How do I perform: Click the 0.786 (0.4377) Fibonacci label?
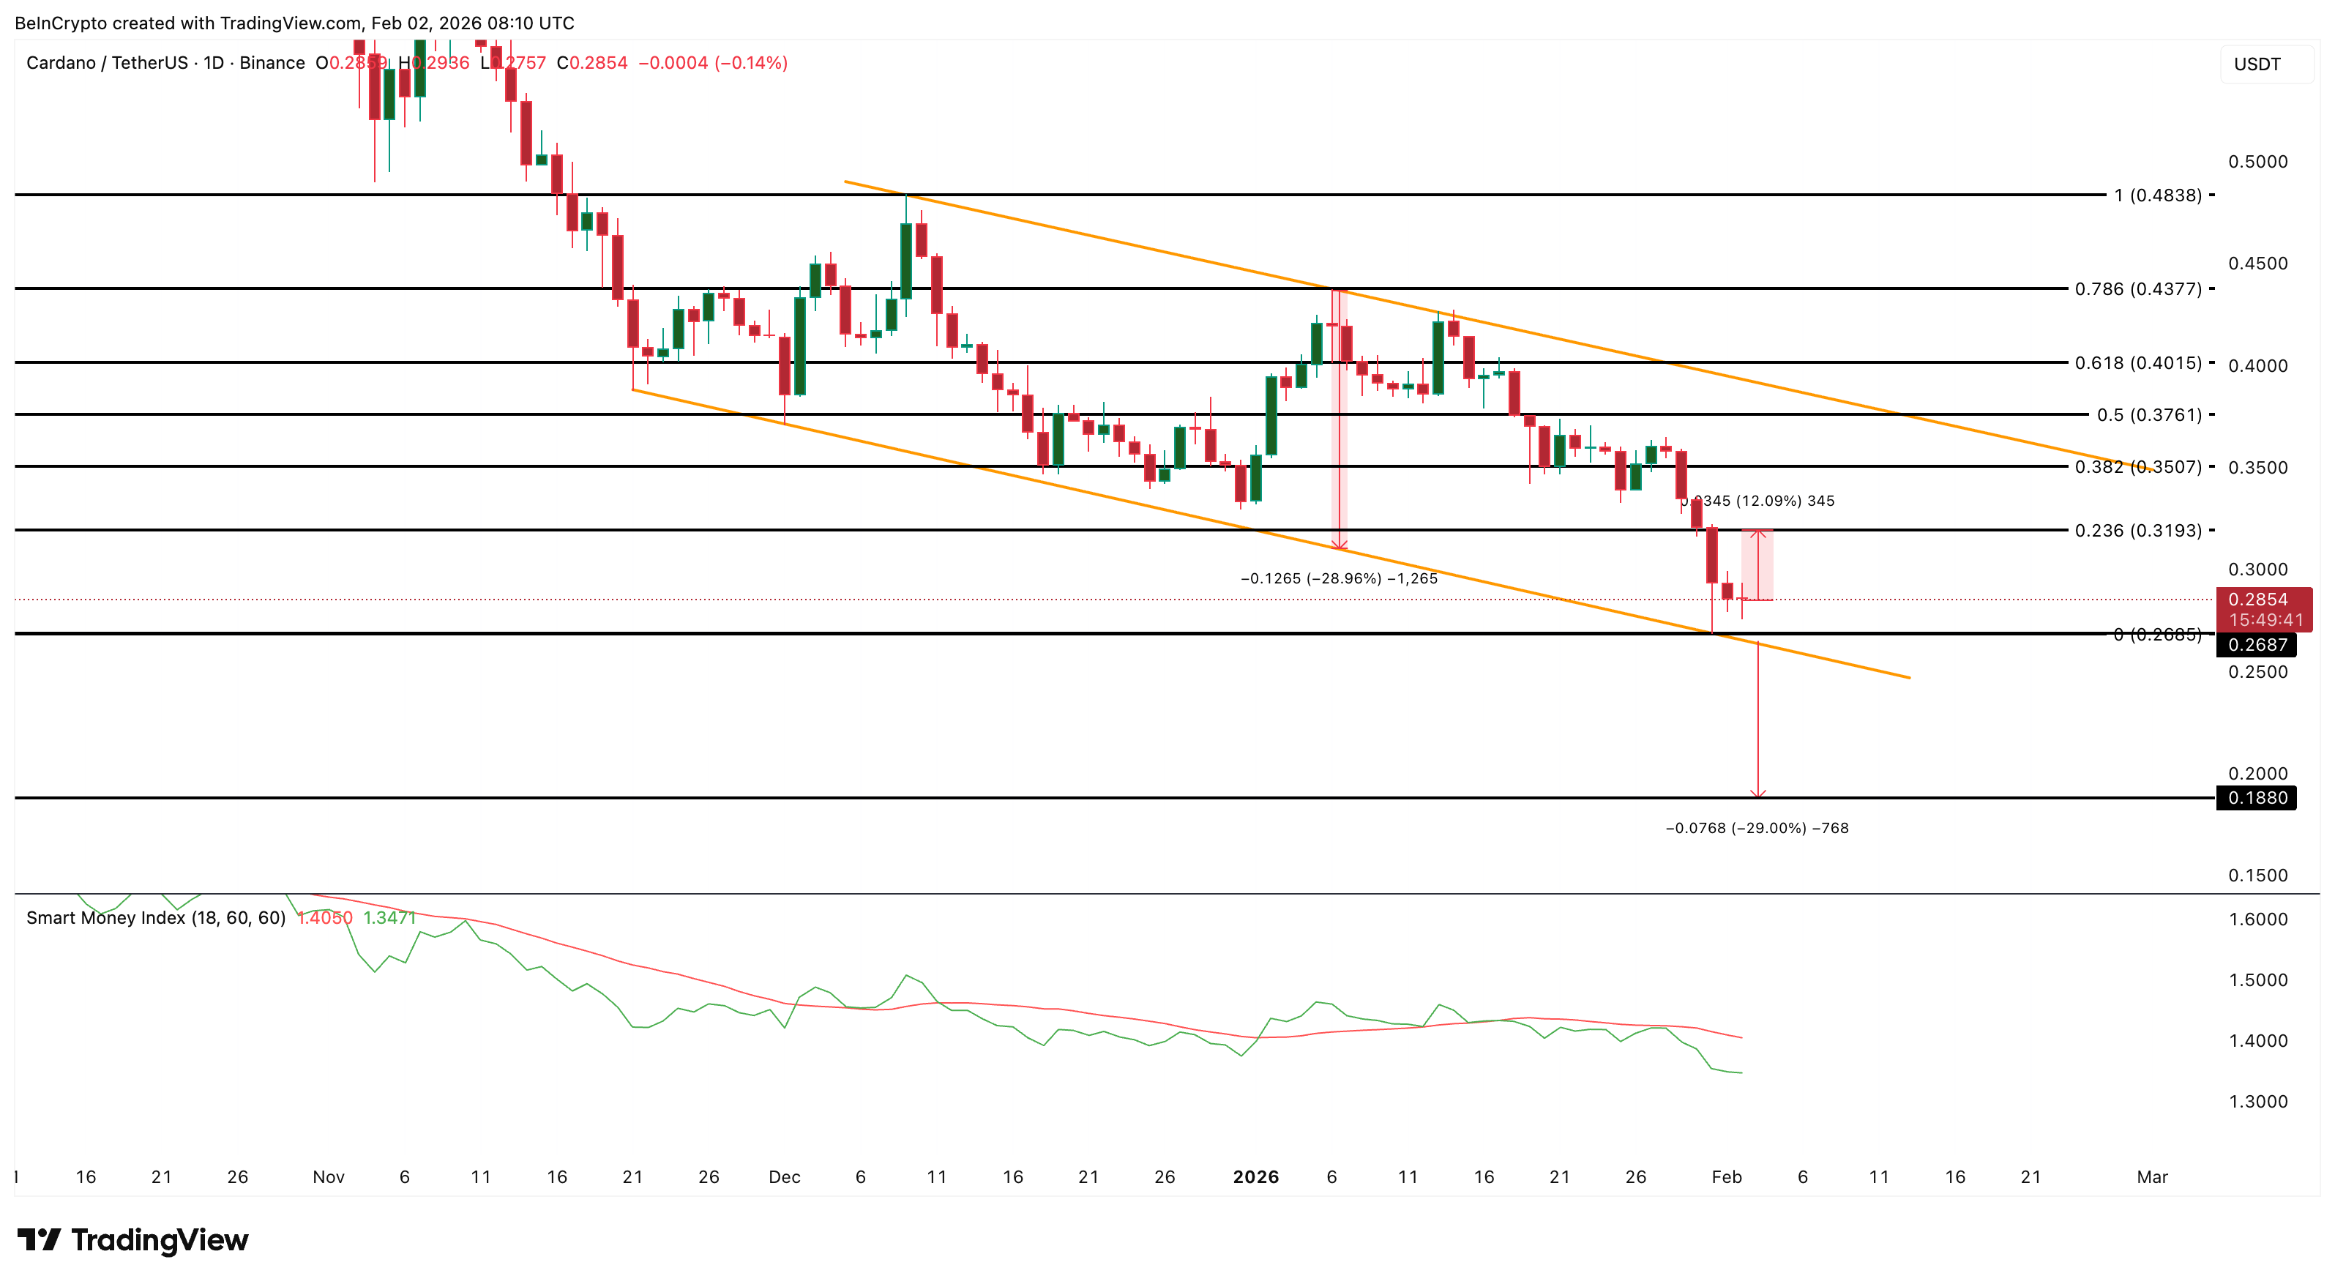pyautogui.click(x=2137, y=289)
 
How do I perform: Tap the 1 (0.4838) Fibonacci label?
pyautogui.click(x=2157, y=195)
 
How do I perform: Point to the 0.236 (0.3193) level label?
pyautogui.click(x=2137, y=531)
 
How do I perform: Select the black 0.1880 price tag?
pyautogui.click(x=2257, y=798)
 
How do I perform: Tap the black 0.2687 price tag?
pyautogui.click(x=2257, y=645)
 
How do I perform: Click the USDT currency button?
pyautogui.click(x=2257, y=64)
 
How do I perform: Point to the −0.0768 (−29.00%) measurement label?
pyautogui.click(x=1757, y=828)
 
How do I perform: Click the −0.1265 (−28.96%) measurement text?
pyautogui.click(x=1339, y=578)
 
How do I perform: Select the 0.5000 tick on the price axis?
pyautogui.click(x=2258, y=161)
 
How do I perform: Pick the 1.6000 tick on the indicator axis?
pyautogui.click(x=2258, y=919)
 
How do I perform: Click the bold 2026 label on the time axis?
pyautogui.click(x=1255, y=1177)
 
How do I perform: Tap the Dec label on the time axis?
pyautogui.click(x=784, y=1177)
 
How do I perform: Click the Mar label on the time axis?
pyautogui.click(x=2152, y=1177)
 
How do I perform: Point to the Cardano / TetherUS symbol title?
pyautogui.click(x=165, y=62)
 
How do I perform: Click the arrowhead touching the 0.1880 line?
pyautogui.click(x=1757, y=794)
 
